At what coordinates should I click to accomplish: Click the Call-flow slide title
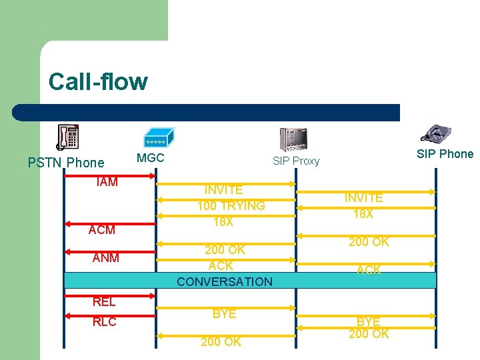(98, 82)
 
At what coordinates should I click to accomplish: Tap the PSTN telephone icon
(67, 137)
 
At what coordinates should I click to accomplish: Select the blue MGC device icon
(159, 137)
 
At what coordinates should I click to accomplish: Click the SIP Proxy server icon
(293, 139)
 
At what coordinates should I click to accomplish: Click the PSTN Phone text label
(66, 163)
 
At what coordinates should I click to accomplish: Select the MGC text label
(150, 159)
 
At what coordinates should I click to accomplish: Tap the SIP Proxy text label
(296, 161)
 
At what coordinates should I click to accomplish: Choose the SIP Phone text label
(445, 154)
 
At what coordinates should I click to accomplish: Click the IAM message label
(107, 182)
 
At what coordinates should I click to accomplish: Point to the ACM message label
(102, 230)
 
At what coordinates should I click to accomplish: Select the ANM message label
(106, 257)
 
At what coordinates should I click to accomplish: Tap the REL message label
(104, 301)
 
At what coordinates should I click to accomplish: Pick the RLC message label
(104, 322)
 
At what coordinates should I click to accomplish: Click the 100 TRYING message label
(231, 206)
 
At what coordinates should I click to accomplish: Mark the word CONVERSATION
(225, 281)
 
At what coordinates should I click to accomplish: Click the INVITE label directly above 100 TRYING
(223, 191)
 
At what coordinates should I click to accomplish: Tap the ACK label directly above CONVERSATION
(221, 265)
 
